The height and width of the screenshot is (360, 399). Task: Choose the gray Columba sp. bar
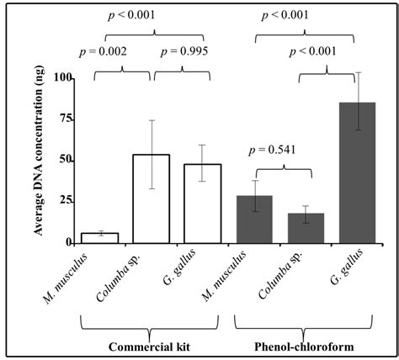coord(306,228)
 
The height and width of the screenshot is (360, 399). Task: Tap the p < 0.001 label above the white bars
coord(150,14)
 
